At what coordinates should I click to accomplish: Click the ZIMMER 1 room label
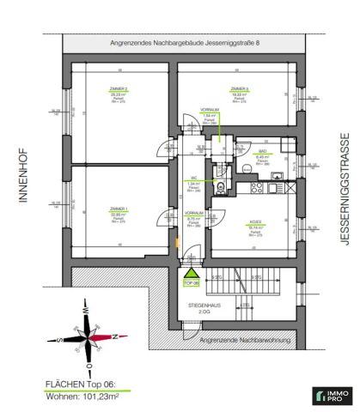coord(119,208)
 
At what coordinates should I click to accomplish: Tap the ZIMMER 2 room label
coord(119,89)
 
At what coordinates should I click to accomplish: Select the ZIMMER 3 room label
coord(239,88)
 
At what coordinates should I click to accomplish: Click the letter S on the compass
coord(52,337)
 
